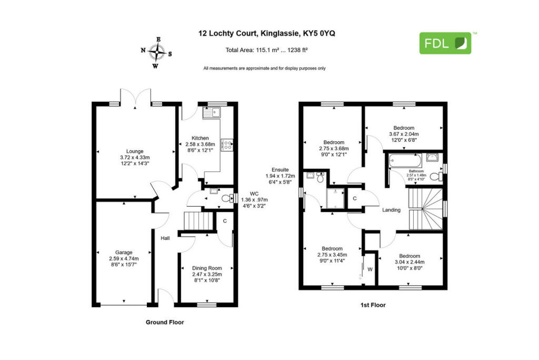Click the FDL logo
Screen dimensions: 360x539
pos(445,43)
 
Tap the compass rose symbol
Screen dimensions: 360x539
pos(156,52)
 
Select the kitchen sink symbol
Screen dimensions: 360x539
pos(214,112)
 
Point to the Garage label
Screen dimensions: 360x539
pos(124,252)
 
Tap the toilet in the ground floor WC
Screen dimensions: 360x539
pos(226,198)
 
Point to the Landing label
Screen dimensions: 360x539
pos(391,210)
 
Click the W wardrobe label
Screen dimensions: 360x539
pos(370,269)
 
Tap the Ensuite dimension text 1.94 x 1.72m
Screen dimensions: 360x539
pos(280,176)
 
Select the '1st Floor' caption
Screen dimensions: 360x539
pos(373,305)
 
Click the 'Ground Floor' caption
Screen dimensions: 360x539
pos(164,322)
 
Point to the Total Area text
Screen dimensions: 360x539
pos(266,51)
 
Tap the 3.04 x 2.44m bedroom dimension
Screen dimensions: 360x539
pos(410,262)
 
